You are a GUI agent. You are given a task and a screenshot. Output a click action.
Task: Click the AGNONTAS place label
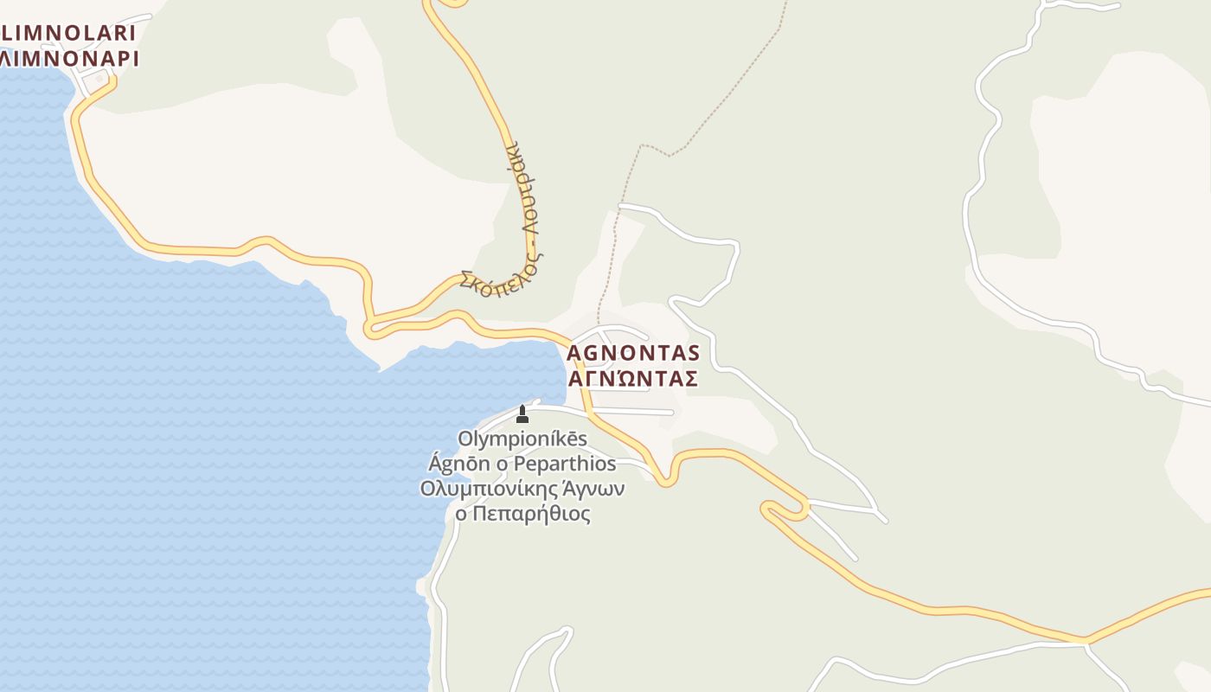click(632, 353)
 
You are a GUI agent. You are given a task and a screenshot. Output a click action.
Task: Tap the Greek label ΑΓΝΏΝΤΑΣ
click(632, 379)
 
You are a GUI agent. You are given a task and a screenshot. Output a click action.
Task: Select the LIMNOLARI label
click(68, 34)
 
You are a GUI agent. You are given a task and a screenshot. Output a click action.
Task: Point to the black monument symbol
click(522, 414)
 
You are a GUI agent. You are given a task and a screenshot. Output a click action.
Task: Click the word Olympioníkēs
click(522, 439)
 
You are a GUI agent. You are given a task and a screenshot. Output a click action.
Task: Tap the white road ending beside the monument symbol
click(536, 402)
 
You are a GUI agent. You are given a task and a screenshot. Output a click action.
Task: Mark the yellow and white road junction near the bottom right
click(1086, 643)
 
